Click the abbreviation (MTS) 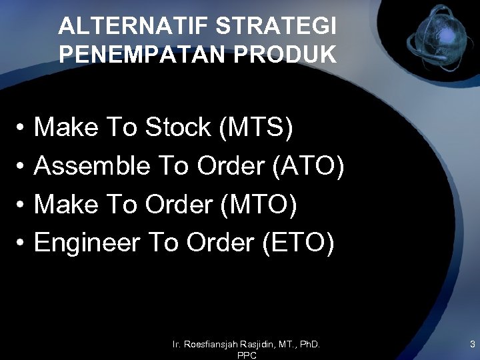point(256,127)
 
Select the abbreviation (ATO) point(309,166)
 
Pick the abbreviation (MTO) point(261,205)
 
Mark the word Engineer point(87,244)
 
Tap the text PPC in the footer point(247,356)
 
